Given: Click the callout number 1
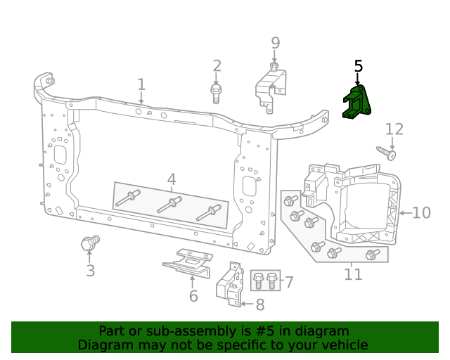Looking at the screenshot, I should [x=141, y=85].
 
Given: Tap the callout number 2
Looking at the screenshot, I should [x=217, y=66].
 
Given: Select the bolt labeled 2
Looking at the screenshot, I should [x=217, y=92].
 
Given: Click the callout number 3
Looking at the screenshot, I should [x=90, y=271].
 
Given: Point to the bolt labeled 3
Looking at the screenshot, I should [x=89, y=244].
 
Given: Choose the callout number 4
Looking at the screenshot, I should [x=172, y=179].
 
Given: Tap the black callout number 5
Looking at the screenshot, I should [x=359, y=66].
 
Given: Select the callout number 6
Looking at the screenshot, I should [x=193, y=296].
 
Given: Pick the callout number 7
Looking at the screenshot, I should [x=288, y=283].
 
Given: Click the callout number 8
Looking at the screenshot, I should [x=260, y=305].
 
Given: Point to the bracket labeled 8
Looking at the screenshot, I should [x=229, y=284].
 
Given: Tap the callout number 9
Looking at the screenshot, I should [x=276, y=44].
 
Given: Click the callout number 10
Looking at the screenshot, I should [x=421, y=212].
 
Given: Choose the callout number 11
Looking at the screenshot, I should [x=353, y=274].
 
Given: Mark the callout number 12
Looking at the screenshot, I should [x=394, y=129].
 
